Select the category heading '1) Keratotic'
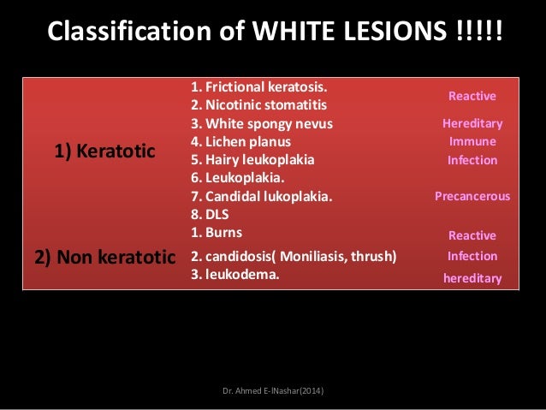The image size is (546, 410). point(104,152)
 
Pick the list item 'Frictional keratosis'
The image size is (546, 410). point(259,86)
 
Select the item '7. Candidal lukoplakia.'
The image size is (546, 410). point(261,196)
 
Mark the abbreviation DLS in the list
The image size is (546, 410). point(209,214)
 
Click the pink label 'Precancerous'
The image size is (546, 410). point(472,196)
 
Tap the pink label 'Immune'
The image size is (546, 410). point(472,141)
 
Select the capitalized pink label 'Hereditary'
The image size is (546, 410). point(472,123)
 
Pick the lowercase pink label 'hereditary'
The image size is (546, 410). point(472,278)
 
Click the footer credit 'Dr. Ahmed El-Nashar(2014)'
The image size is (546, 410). point(273,391)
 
